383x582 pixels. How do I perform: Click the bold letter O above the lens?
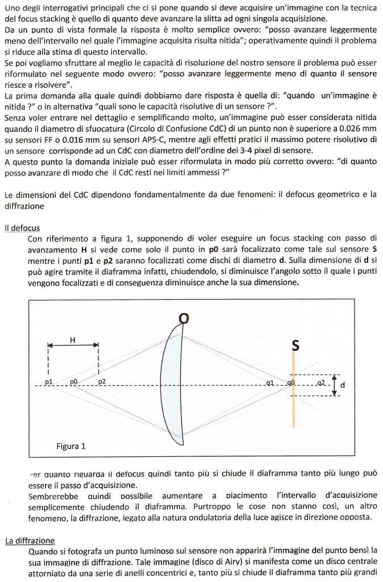[184, 319]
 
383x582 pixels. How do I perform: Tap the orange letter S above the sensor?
[295, 345]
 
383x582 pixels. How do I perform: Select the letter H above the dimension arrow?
[73, 340]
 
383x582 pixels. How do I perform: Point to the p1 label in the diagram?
[49, 382]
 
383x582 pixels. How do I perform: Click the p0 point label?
[73, 382]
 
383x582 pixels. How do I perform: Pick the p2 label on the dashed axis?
[102, 382]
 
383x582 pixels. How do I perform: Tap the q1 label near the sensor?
[269, 383]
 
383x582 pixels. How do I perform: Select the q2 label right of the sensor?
[321, 383]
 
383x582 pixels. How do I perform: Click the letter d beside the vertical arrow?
[342, 385]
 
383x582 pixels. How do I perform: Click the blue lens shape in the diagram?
[173, 386]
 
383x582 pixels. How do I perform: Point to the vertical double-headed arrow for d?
[335, 385]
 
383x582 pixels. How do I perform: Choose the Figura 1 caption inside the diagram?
[71, 446]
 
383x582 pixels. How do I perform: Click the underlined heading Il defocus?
[22, 228]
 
